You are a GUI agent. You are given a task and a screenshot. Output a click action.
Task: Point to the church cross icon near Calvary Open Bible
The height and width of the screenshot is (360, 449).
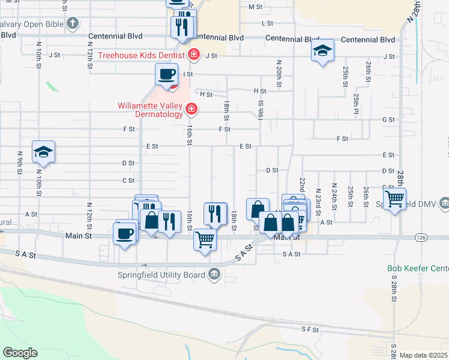(72, 24)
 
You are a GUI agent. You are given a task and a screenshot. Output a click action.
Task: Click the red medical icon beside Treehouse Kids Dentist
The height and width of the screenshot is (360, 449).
(194, 56)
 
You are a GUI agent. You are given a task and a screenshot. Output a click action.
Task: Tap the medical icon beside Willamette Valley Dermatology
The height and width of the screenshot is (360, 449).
(191, 109)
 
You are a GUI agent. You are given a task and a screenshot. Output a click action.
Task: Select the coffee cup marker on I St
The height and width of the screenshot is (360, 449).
(166, 74)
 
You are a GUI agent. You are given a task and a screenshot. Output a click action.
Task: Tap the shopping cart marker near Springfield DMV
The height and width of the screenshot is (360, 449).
(394, 199)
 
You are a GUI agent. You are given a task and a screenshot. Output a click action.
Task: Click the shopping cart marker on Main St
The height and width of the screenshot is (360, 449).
(205, 240)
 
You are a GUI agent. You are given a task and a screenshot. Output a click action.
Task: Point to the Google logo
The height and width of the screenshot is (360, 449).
(20, 353)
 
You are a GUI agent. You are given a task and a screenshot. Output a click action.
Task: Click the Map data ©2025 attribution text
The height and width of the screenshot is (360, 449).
(424, 355)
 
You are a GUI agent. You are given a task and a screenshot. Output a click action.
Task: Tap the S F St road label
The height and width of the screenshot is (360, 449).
(309, 329)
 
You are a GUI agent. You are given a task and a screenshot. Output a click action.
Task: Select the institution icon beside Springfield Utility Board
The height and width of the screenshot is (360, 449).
(214, 275)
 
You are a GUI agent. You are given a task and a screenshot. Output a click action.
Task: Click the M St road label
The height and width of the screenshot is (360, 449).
(256, 7)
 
